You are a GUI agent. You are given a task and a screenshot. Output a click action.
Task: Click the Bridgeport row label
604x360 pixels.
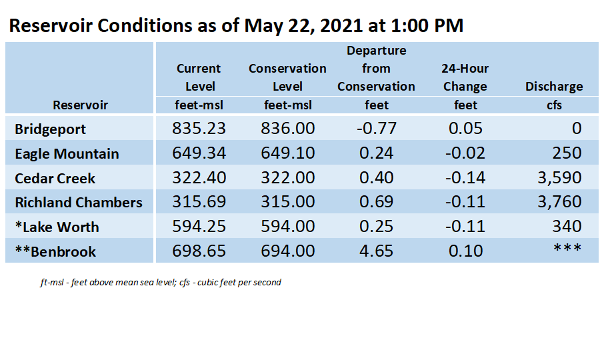(x=50, y=129)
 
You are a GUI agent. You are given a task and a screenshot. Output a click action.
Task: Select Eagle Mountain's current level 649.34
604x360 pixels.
(x=199, y=153)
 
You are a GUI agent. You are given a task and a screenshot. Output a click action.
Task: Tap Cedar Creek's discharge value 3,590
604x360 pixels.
(x=559, y=177)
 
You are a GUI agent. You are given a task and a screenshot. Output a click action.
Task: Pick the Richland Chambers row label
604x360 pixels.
(x=79, y=202)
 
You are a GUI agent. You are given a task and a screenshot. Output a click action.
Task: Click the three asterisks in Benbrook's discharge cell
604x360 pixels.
(x=567, y=247)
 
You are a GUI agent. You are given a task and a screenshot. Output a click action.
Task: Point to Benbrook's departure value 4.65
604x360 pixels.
(x=377, y=251)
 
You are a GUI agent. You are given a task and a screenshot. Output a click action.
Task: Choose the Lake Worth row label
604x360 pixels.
(x=57, y=227)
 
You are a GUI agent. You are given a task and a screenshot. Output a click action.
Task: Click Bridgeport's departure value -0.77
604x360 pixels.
(x=377, y=128)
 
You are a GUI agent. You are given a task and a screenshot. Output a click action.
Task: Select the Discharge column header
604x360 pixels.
(x=554, y=86)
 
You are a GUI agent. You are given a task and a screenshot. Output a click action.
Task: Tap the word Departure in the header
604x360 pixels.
(x=377, y=51)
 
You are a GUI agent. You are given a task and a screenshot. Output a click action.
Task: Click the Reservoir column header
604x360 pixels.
(x=80, y=105)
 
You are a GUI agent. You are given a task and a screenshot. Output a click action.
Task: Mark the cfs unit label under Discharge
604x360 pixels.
(x=554, y=105)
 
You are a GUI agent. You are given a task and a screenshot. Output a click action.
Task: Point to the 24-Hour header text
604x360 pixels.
(x=465, y=69)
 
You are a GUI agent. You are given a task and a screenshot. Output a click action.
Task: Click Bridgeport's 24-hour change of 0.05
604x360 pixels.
(x=465, y=128)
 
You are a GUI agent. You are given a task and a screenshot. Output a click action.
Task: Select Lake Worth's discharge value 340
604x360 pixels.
(x=567, y=226)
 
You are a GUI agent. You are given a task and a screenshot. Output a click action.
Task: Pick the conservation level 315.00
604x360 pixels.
(x=288, y=201)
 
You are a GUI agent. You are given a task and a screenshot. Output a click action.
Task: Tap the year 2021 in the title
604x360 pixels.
(x=341, y=26)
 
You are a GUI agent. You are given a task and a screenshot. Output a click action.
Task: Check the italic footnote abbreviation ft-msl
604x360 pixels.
(x=51, y=282)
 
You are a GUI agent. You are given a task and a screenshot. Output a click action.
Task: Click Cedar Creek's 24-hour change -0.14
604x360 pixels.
(x=465, y=177)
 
